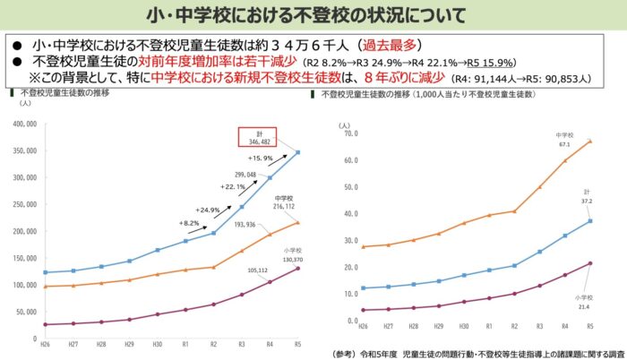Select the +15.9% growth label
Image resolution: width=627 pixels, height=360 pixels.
point(273,159)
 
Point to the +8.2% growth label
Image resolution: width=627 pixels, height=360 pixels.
point(189,222)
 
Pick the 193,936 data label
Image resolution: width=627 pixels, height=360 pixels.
point(243,224)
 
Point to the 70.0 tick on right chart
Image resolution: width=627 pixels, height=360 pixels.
point(348,133)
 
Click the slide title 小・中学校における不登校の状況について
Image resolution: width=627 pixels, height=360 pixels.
point(313,15)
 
